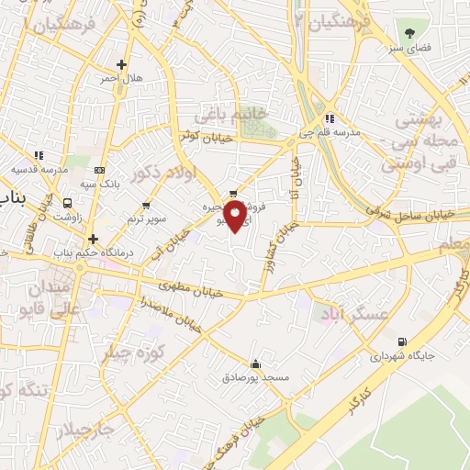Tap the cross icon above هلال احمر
point(122,64)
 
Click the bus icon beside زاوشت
point(67,202)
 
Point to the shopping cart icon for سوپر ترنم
point(146,206)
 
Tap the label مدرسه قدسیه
point(38,169)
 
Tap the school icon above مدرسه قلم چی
point(330,117)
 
